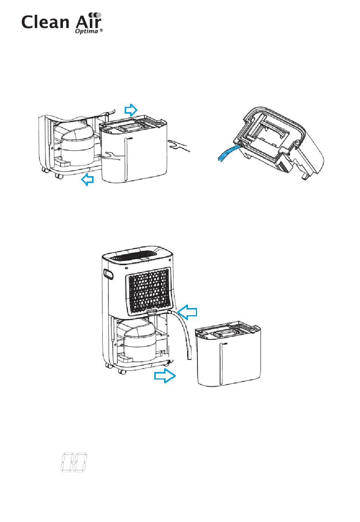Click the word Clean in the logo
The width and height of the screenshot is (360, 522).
tap(45, 22)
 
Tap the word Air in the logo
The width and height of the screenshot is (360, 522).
tap(88, 20)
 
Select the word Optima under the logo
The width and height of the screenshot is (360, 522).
tap(86, 31)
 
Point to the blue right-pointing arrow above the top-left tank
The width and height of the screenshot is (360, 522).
tap(131, 110)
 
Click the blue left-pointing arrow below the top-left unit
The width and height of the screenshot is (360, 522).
tap(88, 179)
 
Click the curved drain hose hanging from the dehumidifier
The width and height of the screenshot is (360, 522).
tap(184, 331)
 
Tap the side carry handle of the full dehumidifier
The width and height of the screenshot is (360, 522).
tap(108, 274)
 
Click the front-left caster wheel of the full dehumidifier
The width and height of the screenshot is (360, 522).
tap(122, 371)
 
